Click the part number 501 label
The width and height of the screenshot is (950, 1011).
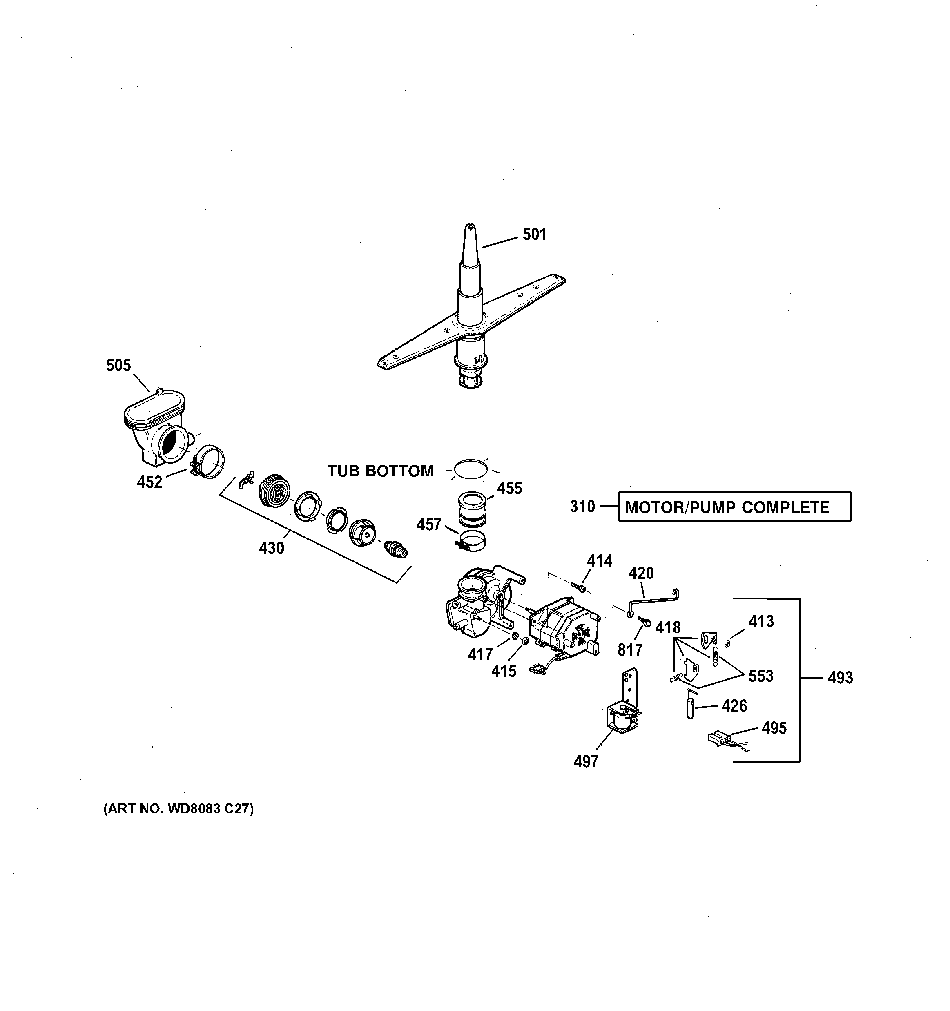point(535,234)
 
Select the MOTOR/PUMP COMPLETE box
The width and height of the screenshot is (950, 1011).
point(734,507)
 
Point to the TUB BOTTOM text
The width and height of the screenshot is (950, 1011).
point(380,471)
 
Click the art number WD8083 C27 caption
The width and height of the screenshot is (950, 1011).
point(178,809)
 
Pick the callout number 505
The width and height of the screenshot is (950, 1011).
point(118,365)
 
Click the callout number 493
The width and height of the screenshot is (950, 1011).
point(840,678)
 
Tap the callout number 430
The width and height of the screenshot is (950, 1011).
point(272,548)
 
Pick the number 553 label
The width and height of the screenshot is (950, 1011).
point(761,676)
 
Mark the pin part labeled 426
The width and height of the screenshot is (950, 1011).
point(689,704)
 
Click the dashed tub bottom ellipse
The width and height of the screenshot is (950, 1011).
point(471,469)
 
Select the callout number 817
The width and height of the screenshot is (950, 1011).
point(630,650)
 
